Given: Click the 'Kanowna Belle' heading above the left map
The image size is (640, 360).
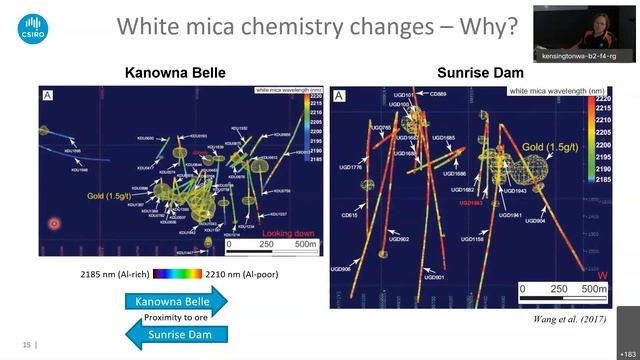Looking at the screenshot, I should [174, 73].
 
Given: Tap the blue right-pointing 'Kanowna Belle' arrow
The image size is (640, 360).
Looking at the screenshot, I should [176, 300].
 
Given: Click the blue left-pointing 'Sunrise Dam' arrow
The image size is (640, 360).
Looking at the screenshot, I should [176, 334].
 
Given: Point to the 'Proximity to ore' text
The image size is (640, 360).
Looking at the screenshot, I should [176, 317].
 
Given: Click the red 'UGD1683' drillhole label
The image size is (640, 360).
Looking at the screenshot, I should [472, 201].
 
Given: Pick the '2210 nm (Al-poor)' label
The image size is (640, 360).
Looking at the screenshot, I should [235, 272].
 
